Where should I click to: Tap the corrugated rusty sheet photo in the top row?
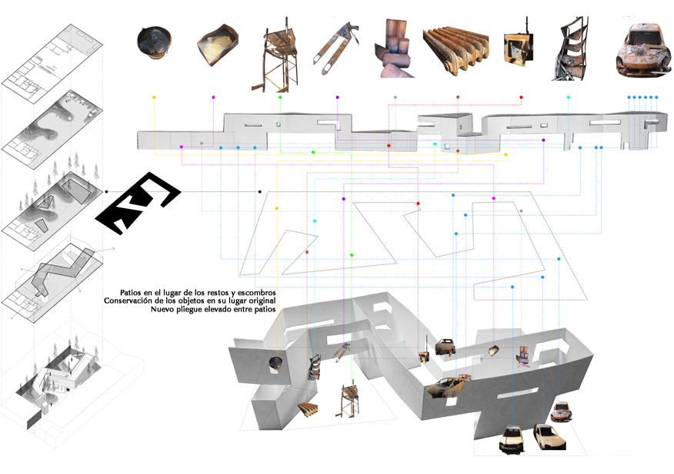455,49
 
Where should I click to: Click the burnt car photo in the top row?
643,49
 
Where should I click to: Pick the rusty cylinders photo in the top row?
393,49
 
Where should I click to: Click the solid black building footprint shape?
138,203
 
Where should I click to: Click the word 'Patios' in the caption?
130,293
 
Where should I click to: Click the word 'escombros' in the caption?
257,293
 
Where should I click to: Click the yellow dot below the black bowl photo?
154,97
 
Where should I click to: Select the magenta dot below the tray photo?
213,97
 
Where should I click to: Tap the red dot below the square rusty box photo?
521,97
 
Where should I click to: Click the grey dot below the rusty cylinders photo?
395,97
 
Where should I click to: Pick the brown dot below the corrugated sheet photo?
458,97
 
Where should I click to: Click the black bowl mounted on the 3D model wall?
275,363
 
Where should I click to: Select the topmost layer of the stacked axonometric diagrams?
52,64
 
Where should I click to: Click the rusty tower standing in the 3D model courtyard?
349,400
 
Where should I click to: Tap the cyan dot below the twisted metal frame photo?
569,97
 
